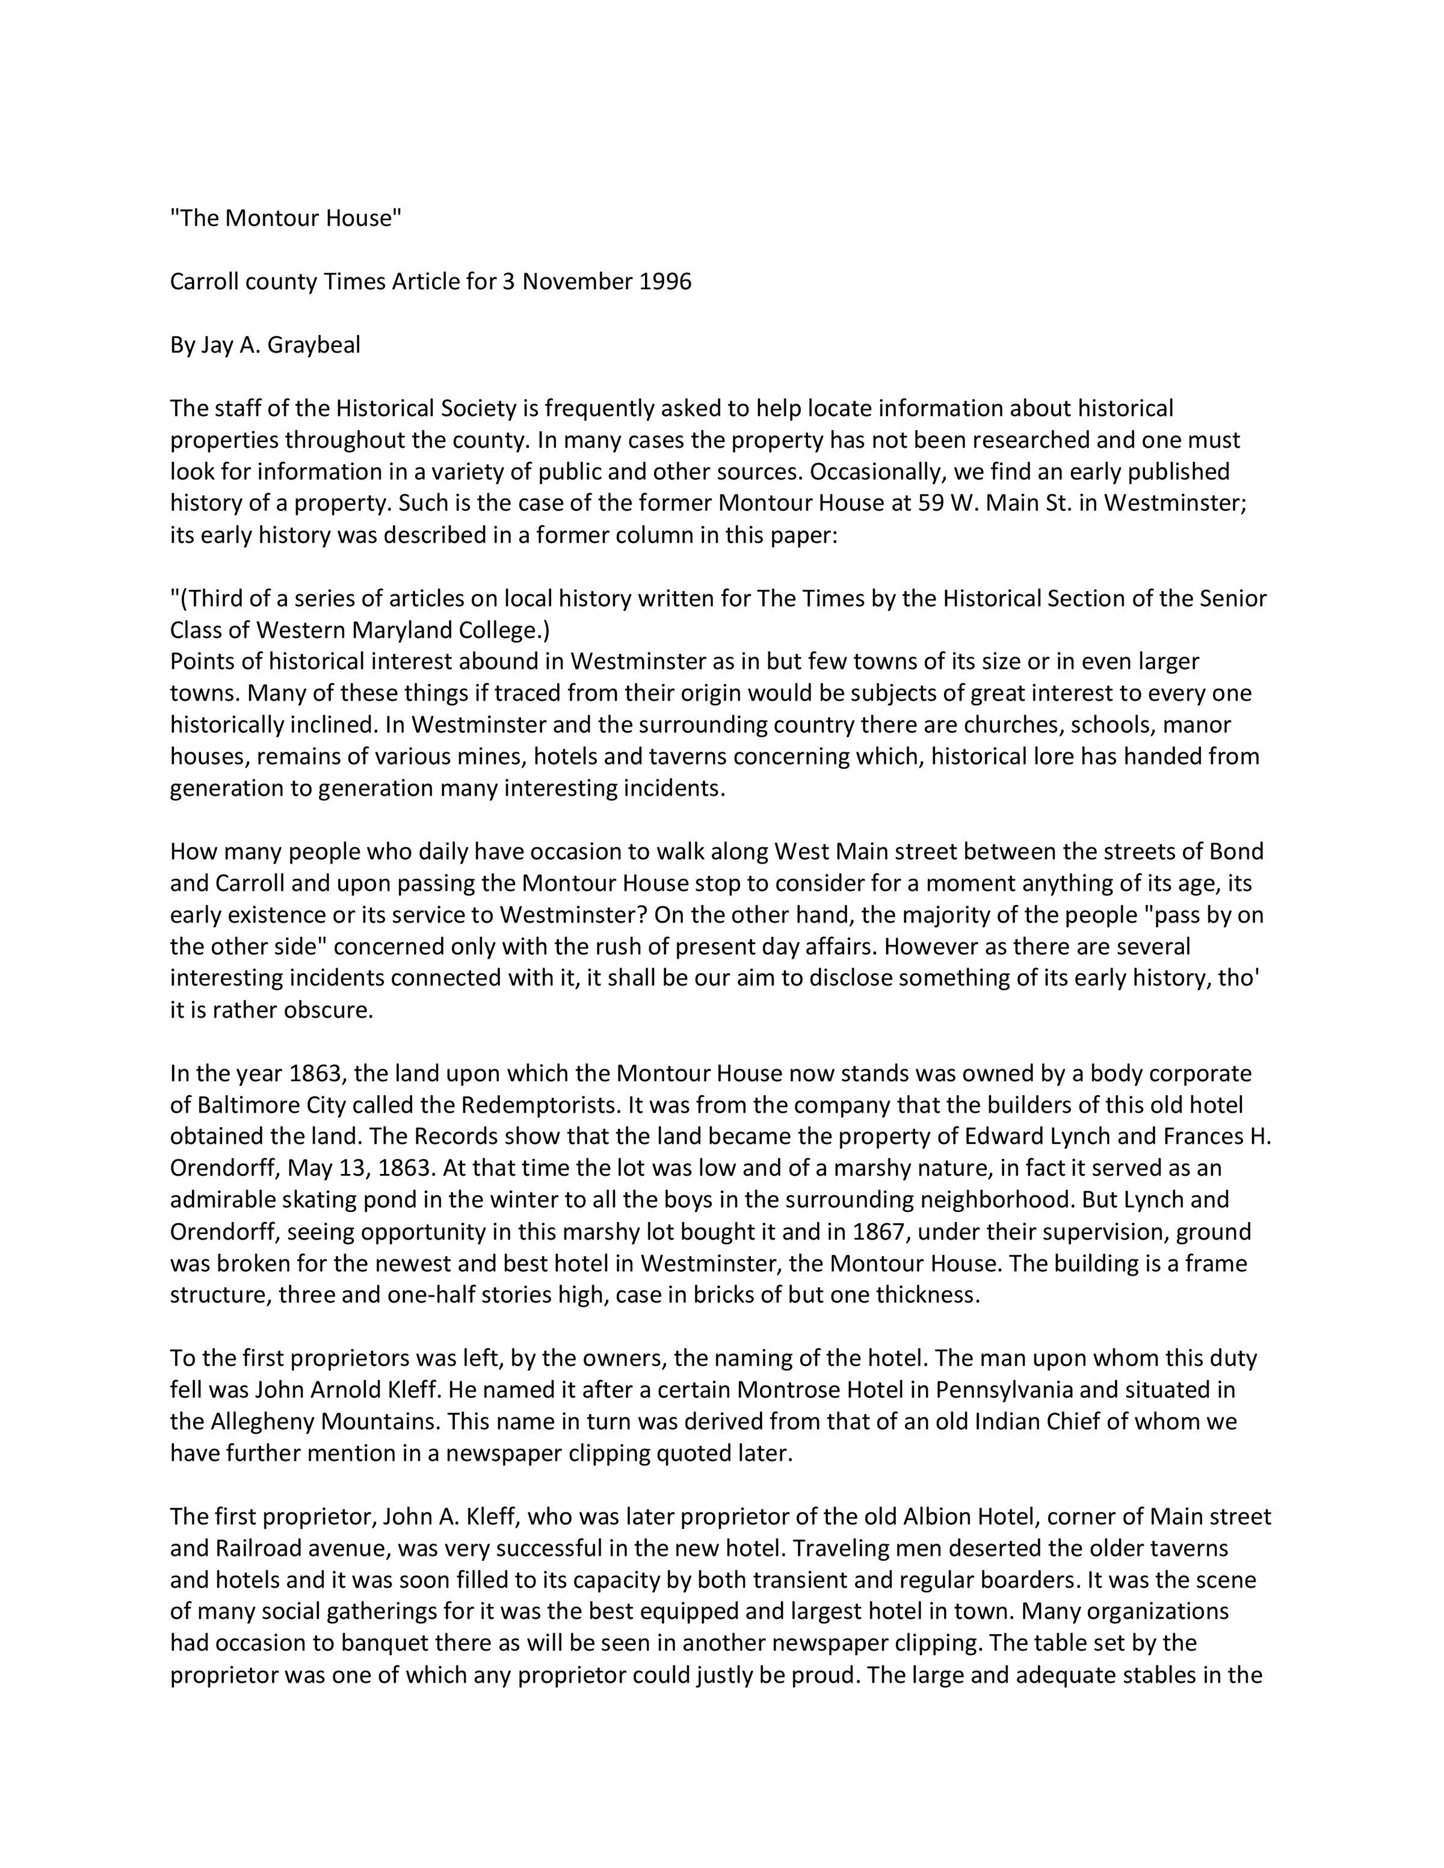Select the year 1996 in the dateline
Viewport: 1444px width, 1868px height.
[x=665, y=282]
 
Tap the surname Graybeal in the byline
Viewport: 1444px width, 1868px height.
[x=314, y=346]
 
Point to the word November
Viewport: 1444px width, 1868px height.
[x=578, y=282]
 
